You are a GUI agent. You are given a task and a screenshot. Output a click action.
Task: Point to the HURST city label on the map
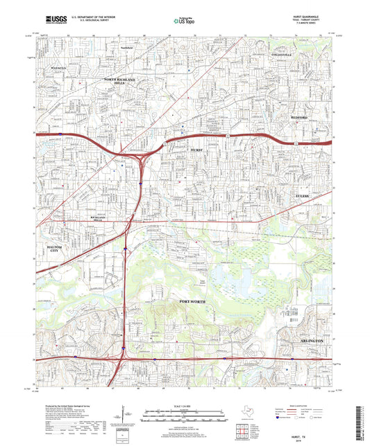tap(196, 150)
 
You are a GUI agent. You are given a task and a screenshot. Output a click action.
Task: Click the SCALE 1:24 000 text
tap(185, 405)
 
